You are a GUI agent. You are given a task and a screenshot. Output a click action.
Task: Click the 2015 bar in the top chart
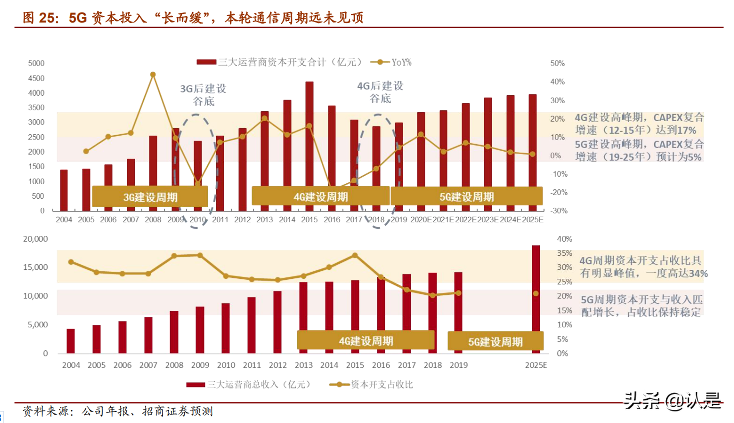click(x=309, y=135)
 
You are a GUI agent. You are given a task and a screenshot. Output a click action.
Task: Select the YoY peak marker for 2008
click(x=153, y=75)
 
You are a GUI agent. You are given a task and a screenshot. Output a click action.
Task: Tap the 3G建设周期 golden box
click(x=150, y=197)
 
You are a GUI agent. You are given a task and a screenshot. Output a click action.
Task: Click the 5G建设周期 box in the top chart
click(x=466, y=197)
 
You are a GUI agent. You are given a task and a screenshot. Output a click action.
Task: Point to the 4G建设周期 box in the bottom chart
click(x=365, y=341)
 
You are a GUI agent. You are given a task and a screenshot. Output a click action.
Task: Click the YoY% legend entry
click(x=391, y=62)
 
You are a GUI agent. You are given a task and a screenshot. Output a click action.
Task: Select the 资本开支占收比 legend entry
click(x=371, y=384)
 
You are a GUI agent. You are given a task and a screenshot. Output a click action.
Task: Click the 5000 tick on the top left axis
click(x=36, y=63)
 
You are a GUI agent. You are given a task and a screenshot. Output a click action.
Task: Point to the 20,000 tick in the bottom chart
click(x=35, y=239)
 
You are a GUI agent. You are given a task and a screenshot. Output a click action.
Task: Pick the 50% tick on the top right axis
click(x=557, y=63)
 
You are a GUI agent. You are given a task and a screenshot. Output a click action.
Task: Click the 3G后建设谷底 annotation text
click(x=203, y=95)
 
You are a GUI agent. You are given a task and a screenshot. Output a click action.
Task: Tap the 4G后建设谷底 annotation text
click(x=380, y=92)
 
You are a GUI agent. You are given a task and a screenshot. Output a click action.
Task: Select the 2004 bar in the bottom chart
click(x=70, y=341)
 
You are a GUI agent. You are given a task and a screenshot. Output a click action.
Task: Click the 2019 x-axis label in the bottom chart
click(x=458, y=365)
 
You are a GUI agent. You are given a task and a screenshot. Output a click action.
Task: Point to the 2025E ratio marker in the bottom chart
click(x=535, y=293)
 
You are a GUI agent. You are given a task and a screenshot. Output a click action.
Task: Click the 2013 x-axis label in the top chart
click(x=264, y=219)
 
